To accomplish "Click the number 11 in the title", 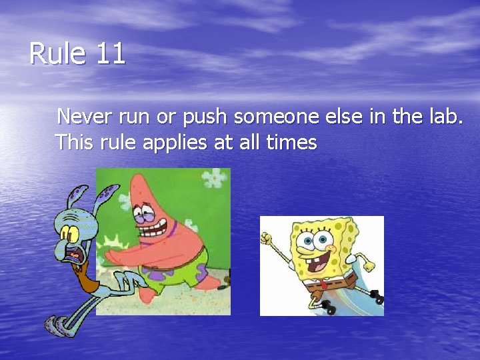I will [110, 54].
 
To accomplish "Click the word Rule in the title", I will [58, 54].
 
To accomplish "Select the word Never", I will [85, 117].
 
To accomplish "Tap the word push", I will [205, 118].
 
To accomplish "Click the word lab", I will [443, 117].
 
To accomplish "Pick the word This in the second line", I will [75, 142].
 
